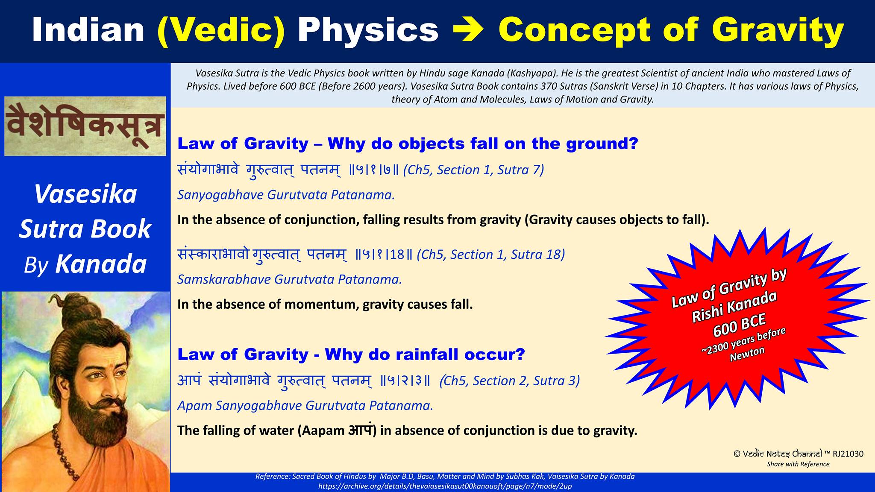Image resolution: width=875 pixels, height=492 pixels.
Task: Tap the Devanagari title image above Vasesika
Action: (x=85, y=126)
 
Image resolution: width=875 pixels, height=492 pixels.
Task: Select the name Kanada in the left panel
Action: (x=101, y=264)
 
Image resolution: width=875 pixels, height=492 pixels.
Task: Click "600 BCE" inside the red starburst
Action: (x=739, y=323)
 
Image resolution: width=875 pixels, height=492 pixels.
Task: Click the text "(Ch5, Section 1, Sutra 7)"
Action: (x=474, y=170)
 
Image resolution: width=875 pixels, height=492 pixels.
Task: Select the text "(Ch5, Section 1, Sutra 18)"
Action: (x=491, y=255)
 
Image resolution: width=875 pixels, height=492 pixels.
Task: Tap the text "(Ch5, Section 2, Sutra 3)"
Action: (x=510, y=381)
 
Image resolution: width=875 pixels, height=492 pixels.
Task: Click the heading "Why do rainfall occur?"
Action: (x=425, y=354)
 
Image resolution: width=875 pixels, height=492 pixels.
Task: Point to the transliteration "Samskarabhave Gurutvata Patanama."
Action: (x=290, y=279)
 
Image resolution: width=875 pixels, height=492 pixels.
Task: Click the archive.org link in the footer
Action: (x=445, y=486)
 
